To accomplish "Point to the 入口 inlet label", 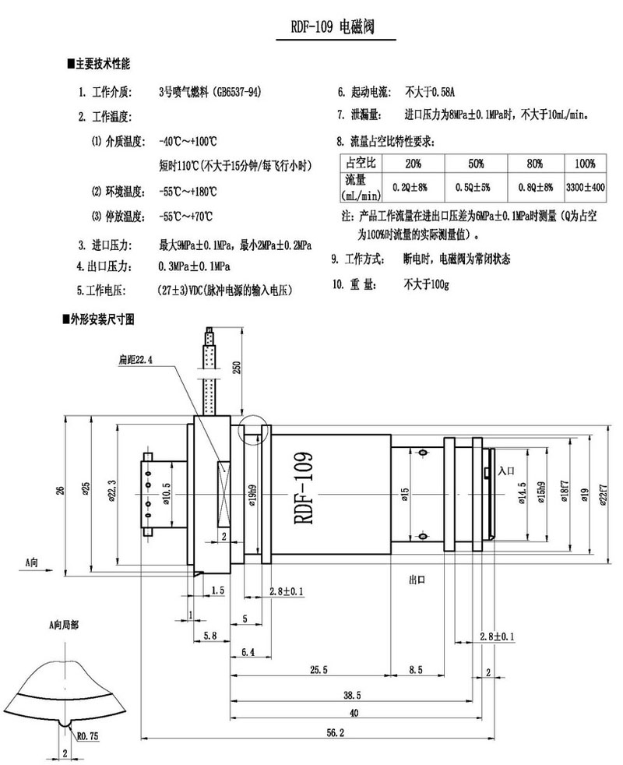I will (x=505, y=471).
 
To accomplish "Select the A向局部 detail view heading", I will (x=65, y=625).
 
